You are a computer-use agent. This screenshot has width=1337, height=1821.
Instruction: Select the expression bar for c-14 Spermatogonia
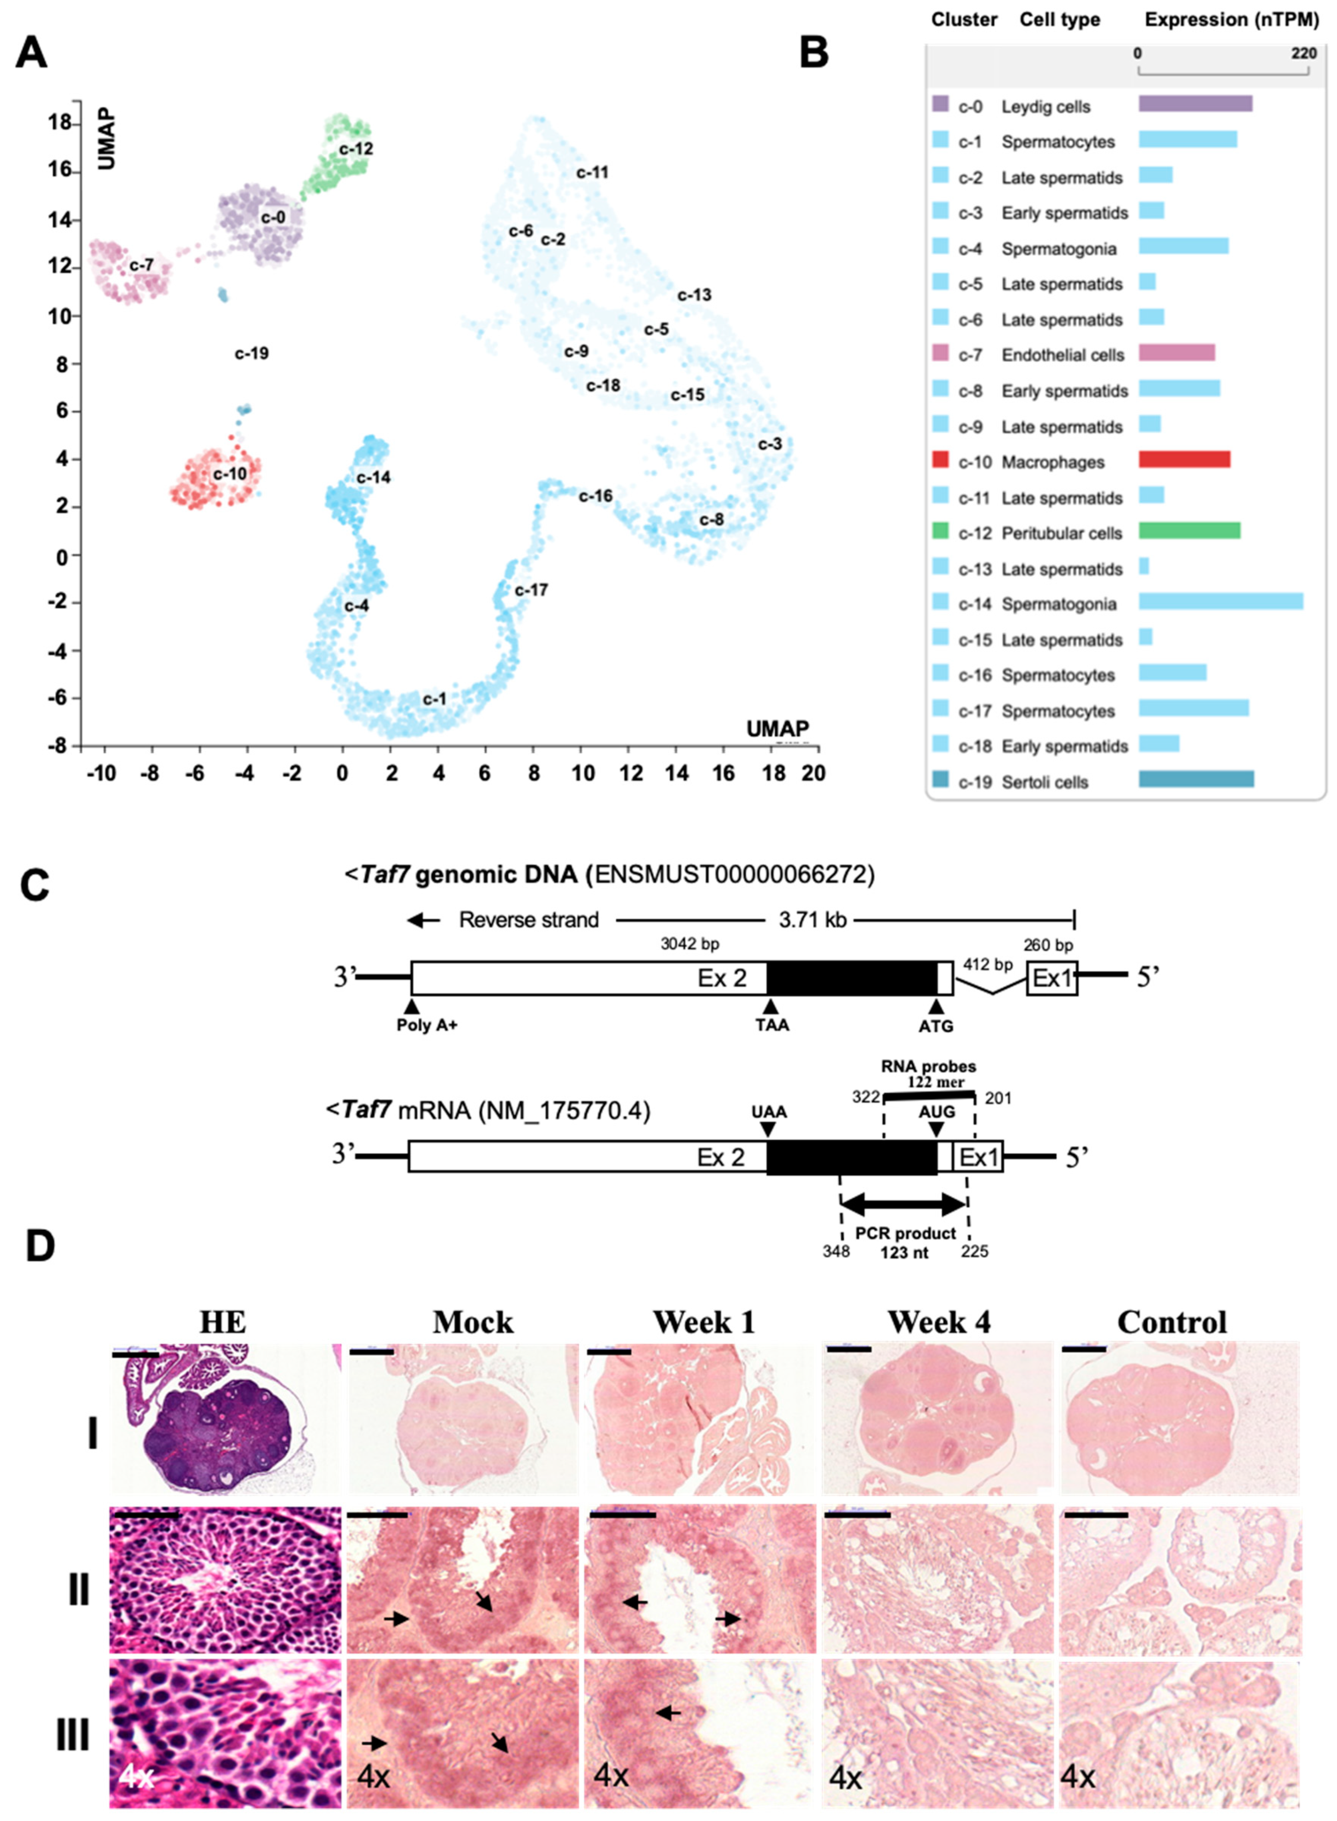coord(1220,600)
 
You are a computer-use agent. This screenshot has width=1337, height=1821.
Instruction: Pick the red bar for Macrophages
coord(1184,459)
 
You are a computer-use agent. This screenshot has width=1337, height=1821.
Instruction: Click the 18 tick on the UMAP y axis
coord(59,124)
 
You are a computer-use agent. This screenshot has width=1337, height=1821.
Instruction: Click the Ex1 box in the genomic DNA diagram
coord(1051,978)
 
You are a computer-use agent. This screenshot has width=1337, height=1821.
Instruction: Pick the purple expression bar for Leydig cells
coord(1195,104)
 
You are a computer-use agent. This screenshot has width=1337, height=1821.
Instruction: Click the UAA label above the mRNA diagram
coord(769,1112)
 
